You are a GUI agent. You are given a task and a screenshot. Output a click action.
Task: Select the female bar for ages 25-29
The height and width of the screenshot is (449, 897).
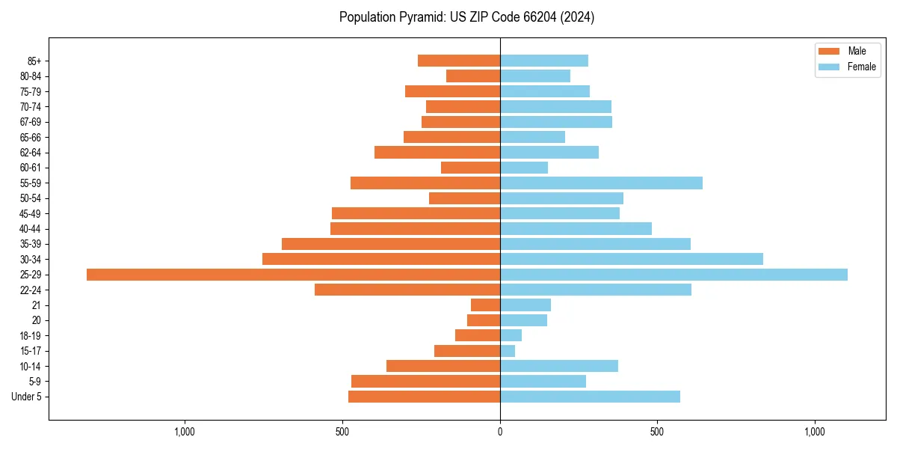[x=673, y=275]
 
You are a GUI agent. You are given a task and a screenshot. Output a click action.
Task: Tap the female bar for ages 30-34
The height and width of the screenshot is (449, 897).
[x=632, y=259]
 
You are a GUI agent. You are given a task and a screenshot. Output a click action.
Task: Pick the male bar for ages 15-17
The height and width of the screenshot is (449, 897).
[x=467, y=351]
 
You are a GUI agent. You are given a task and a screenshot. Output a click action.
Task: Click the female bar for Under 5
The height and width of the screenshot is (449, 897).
[x=590, y=397]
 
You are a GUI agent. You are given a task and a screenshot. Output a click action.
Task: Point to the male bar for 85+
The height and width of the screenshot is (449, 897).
[x=459, y=61]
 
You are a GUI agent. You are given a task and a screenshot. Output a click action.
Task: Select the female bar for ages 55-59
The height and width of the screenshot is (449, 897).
[x=601, y=183]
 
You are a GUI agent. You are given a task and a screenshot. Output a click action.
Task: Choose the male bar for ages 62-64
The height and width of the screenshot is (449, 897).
[x=437, y=153]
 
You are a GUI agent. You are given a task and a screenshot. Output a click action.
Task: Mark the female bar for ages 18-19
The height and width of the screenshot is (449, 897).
[x=511, y=335]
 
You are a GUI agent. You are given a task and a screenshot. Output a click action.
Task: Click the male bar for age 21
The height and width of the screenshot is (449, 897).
[x=485, y=305]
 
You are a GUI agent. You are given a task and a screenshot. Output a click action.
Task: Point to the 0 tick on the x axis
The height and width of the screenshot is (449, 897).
[x=500, y=432]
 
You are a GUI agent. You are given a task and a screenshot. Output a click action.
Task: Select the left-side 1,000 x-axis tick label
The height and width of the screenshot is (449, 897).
[x=185, y=432]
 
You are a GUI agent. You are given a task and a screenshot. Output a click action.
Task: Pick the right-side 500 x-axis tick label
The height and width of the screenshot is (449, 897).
[x=657, y=432]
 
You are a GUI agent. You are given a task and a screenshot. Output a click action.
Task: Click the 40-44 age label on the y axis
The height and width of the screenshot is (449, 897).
[x=30, y=229]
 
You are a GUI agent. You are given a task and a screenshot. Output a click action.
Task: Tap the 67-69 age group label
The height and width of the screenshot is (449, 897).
[x=30, y=122]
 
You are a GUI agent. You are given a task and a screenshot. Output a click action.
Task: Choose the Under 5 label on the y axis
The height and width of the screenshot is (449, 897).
[x=26, y=397]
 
